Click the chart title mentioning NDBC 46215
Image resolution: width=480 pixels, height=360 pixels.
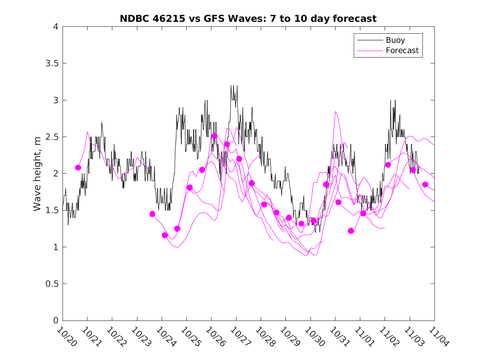pos(248,19)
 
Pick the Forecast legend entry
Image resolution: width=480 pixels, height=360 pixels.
pos(402,50)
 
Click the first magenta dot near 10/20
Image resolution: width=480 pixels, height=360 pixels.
pos(78,167)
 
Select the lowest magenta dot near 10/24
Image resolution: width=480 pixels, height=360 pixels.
pos(165,235)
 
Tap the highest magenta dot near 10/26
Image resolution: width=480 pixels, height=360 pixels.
pos(214,136)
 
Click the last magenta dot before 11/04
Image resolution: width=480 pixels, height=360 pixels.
pos(425,184)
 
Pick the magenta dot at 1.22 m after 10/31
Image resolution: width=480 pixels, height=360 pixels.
pos(351,231)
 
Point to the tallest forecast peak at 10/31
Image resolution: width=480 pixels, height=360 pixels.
pos(336,111)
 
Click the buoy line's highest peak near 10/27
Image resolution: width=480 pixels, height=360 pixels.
pos(232,86)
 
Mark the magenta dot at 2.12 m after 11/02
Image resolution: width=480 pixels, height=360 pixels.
pos(388,165)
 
